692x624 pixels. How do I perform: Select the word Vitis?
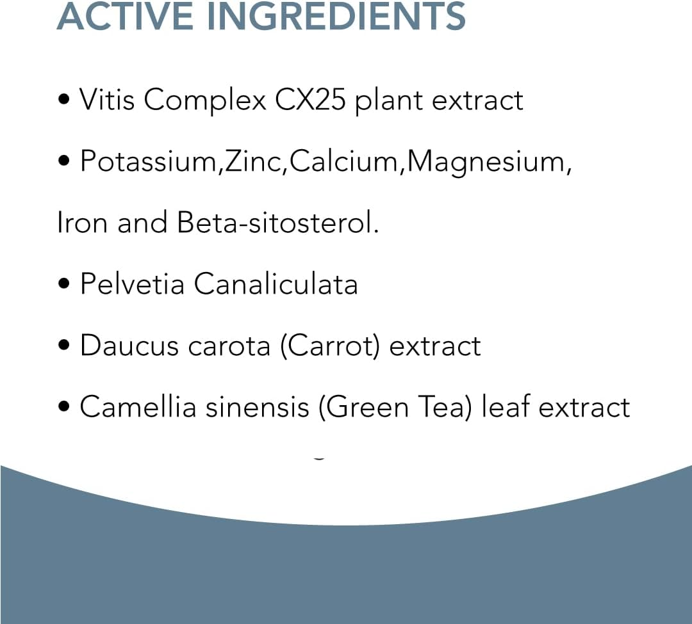click(x=106, y=100)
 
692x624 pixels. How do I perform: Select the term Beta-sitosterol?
click(x=277, y=223)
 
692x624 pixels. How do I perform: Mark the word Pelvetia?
click(x=132, y=284)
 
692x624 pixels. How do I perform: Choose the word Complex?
click(x=205, y=101)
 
